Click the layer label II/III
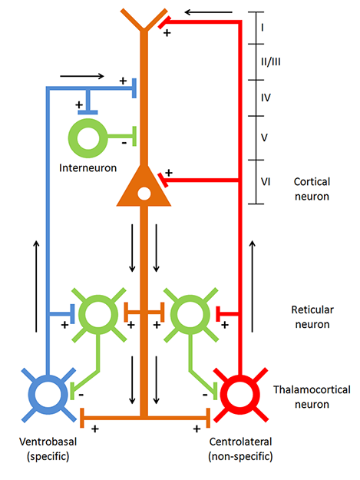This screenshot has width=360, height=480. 271,62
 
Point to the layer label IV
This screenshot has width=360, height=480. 266,98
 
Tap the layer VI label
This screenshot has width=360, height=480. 266,182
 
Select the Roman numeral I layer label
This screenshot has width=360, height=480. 263,28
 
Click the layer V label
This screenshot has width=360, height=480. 264,137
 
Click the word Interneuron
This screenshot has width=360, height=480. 88,167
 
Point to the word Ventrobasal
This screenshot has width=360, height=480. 48,442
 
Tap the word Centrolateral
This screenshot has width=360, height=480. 240,442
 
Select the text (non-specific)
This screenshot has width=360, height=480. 240,456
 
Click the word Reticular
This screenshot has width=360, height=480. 312,310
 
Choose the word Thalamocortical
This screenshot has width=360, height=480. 312,389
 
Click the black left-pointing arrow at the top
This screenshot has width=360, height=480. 209,12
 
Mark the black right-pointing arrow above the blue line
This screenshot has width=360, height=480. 82,76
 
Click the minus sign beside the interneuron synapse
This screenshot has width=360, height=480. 124,144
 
